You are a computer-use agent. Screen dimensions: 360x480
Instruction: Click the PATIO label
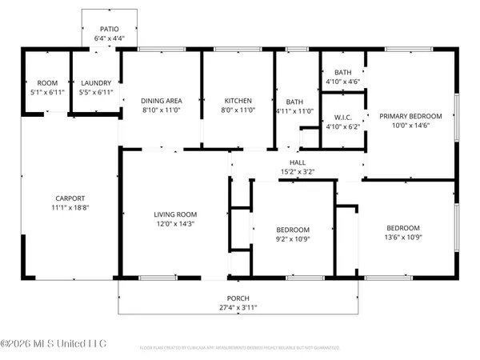pos(110,27)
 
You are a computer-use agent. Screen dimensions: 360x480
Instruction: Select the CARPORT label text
pos(70,198)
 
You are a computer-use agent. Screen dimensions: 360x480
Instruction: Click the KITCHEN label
pos(238,100)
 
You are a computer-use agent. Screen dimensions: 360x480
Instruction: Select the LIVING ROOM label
pos(175,214)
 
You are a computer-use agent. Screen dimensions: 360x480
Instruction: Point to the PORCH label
pos(238,298)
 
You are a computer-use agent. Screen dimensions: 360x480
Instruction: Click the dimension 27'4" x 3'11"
pos(238,307)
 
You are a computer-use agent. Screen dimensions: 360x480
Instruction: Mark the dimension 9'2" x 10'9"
pos(293,238)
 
